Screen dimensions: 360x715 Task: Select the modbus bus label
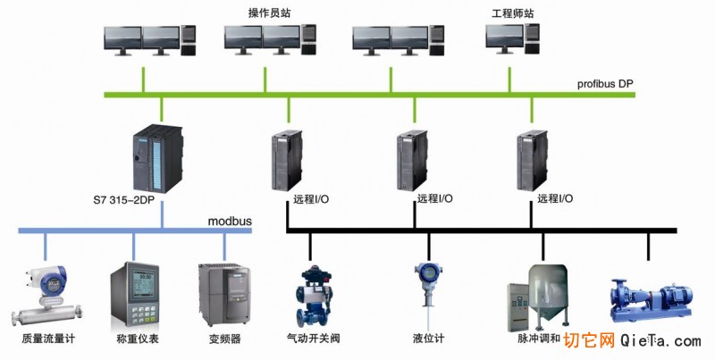coord(231,221)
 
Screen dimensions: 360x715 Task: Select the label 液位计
coord(428,339)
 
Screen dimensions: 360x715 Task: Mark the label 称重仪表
coord(136,339)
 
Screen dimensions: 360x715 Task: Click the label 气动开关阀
coord(313,339)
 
